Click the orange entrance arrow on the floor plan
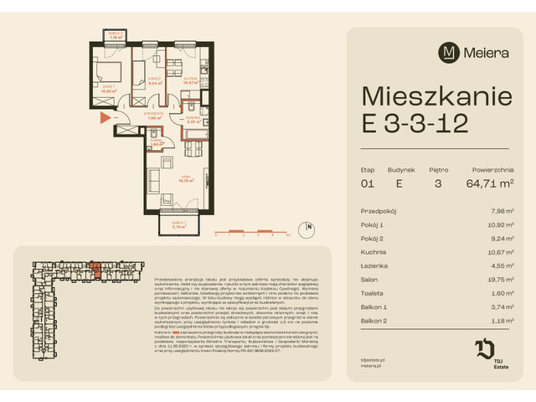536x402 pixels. coord(104,117)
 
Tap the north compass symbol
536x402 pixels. coord(309,226)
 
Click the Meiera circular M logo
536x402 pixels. coord(449,51)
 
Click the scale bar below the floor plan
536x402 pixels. coord(251,231)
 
